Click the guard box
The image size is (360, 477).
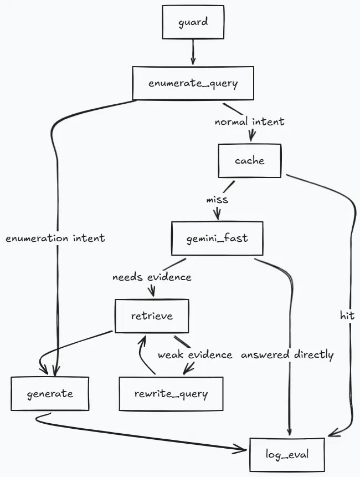[x=193, y=23]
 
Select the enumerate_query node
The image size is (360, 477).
[x=193, y=83]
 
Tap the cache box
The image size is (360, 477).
[x=249, y=161]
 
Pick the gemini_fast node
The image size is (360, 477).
[x=217, y=238]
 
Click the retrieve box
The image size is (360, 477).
[x=151, y=316]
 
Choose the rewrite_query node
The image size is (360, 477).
[x=171, y=394]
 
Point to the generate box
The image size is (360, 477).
[x=50, y=394]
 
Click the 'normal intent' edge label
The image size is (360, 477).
[x=249, y=121]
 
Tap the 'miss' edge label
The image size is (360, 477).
[x=217, y=199]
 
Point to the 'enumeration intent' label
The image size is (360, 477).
[x=55, y=238]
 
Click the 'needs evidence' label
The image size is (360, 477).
[x=152, y=277]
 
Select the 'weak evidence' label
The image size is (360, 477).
[x=195, y=355]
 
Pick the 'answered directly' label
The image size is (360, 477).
[x=287, y=355]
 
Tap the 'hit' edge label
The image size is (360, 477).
[x=347, y=316]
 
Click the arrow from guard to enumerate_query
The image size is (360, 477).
[x=193, y=53]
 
